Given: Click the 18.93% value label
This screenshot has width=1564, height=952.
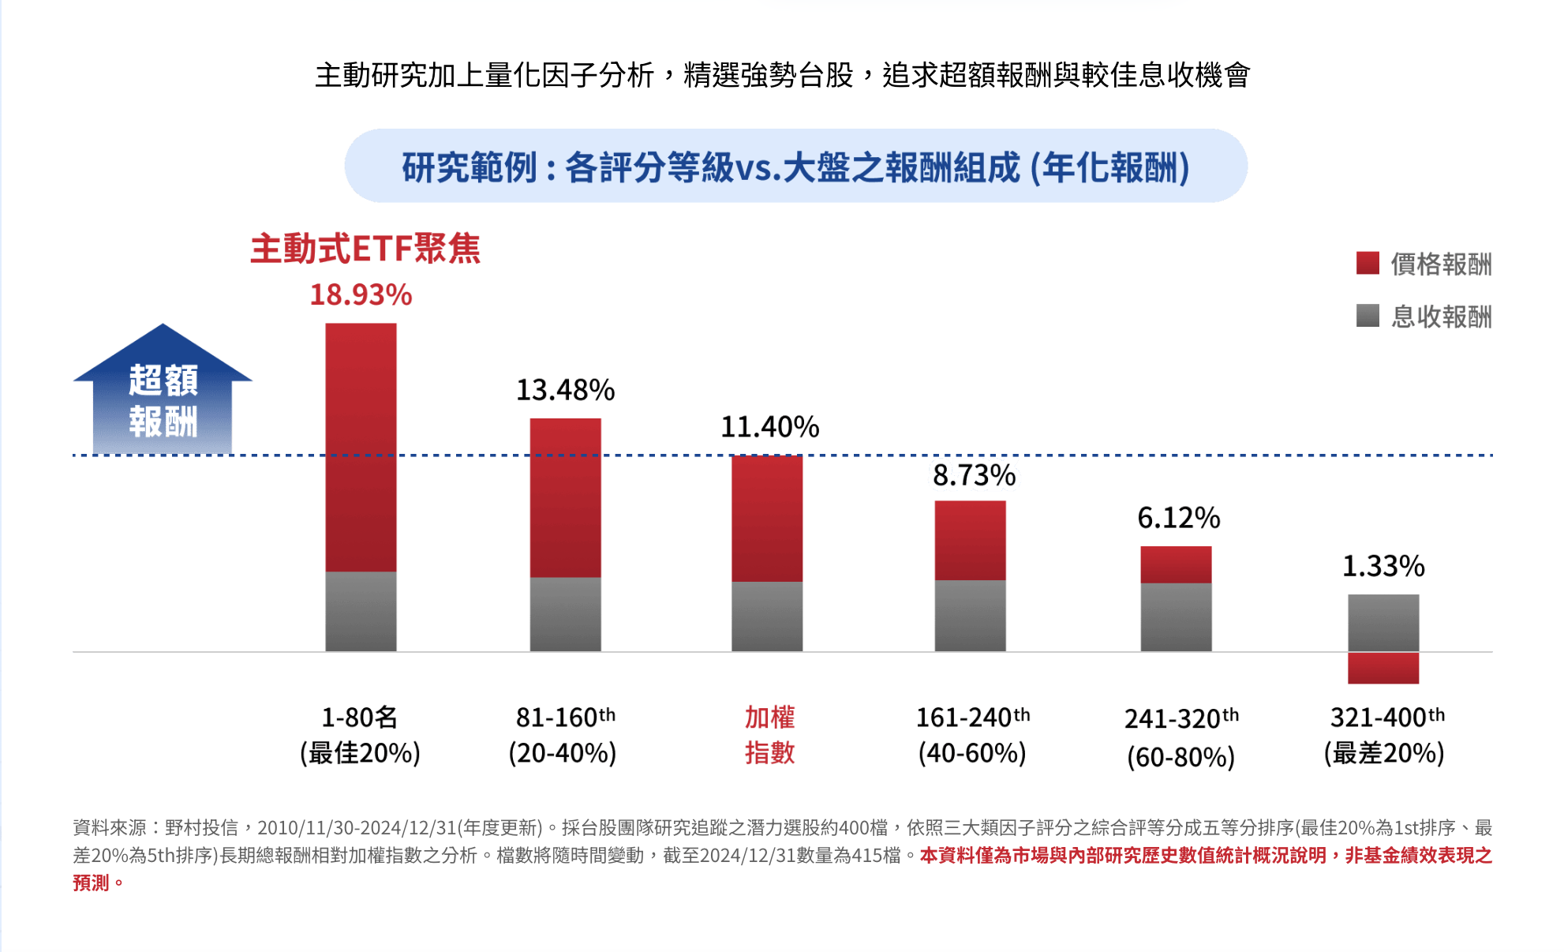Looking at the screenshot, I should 361,295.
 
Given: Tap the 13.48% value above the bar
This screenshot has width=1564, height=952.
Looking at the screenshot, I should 565,390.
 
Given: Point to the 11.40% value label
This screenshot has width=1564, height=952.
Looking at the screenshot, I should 769,427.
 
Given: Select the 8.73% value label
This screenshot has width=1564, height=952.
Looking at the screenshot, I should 974,475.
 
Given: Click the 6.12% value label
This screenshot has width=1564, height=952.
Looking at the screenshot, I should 1178,518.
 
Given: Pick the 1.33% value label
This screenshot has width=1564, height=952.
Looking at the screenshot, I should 1383,566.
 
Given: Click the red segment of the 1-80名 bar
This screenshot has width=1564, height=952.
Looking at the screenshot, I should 361,447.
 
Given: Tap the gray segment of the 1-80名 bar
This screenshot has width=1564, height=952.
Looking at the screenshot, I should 361,611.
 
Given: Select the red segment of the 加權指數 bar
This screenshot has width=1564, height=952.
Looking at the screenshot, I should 767,519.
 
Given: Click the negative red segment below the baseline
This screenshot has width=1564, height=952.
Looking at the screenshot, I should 1383,668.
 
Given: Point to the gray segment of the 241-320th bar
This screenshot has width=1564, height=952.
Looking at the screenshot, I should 1176,617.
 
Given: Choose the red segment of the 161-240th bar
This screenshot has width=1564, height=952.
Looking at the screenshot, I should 970,540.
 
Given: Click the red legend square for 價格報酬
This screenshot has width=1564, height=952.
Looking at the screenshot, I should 1368,263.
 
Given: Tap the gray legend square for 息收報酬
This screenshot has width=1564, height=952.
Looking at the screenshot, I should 1368,316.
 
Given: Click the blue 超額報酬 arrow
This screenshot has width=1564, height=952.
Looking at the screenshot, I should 163,395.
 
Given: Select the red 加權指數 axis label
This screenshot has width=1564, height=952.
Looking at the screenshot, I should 769,734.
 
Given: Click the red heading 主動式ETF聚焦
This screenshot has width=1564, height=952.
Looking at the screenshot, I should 365,249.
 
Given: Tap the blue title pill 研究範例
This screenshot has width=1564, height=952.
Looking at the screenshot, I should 795,167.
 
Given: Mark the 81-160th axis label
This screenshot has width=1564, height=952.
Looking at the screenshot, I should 563,734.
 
